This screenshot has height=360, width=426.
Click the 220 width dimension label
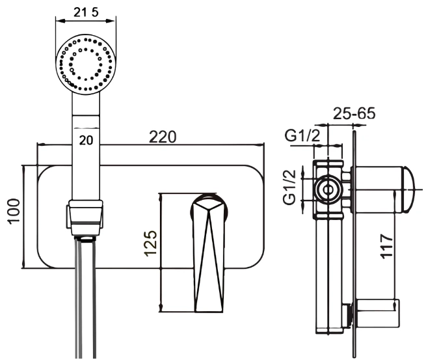tap(163, 137)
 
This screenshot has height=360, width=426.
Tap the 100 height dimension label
tap(14, 211)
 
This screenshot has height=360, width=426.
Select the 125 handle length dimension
tap(150, 243)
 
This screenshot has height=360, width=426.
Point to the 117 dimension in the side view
tap(386, 246)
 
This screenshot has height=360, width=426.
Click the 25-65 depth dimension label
tap(354, 113)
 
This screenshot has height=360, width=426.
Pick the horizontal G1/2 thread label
tap(302, 135)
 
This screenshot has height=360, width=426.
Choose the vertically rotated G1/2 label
tap(289, 187)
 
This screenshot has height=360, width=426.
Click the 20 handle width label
tap(86, 141)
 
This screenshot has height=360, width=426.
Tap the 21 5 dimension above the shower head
tap(86, 12)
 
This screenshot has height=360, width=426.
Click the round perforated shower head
tap(86, 64)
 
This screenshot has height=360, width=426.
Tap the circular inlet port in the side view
tap(328, 189)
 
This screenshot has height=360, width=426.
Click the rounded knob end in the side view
tap(408, 189)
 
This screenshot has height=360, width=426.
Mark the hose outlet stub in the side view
tap(347, 315)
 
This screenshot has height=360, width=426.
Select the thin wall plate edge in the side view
tap(354, 244)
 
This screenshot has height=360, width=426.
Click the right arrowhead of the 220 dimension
tap(261, 145)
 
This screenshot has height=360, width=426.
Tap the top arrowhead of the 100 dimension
tap(23, 169)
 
